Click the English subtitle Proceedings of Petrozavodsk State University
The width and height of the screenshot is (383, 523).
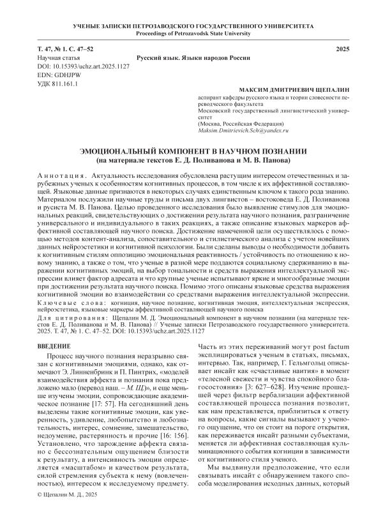[191, 33]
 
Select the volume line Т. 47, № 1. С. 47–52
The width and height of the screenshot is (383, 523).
[66, 49]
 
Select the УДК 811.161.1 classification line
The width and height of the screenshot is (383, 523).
[58, 84]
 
